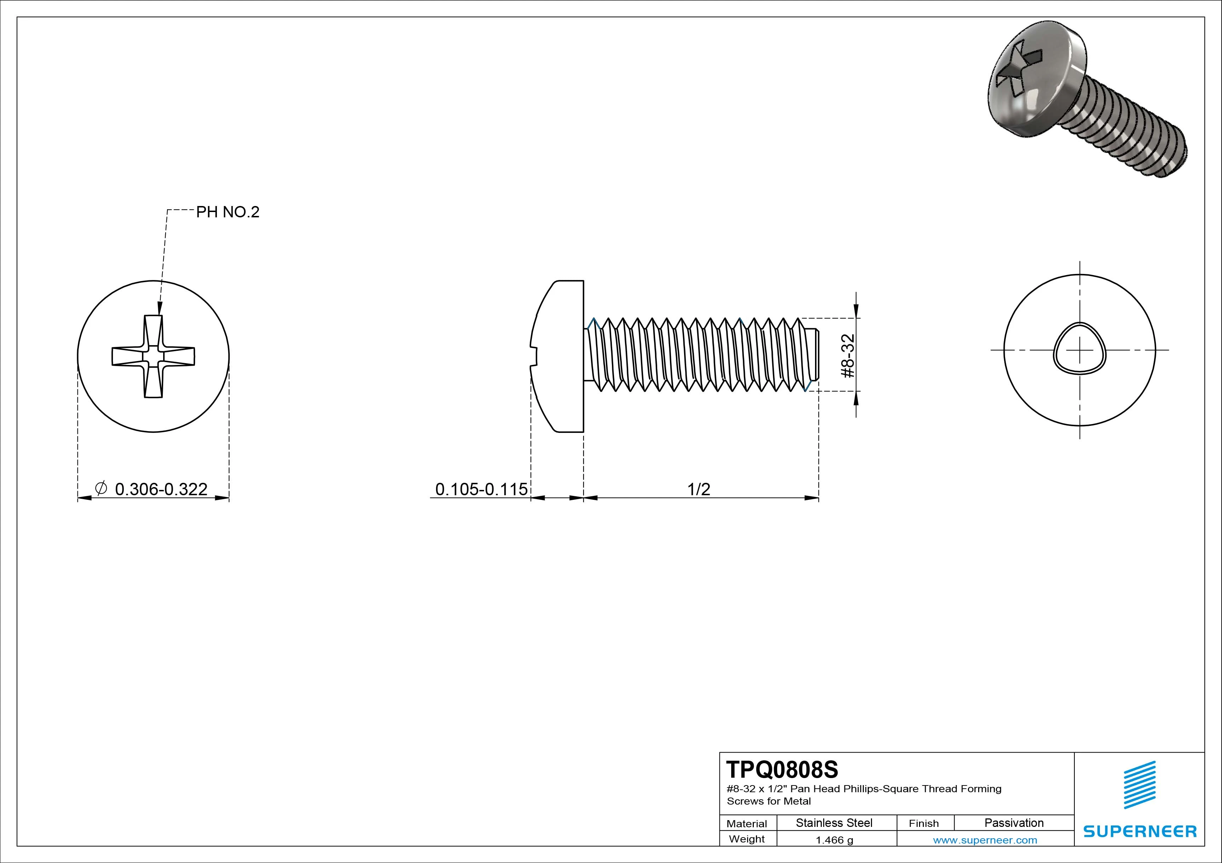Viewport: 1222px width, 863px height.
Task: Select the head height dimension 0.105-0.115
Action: (x=481, y=489)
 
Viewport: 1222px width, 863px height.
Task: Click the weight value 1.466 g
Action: (x=834, y=840)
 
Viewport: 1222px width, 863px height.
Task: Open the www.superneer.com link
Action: (x=985, y=840)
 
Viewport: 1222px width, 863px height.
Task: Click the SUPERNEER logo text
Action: (x=1140, y=831)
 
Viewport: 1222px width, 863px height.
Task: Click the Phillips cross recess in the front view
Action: (x=153, y=356)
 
